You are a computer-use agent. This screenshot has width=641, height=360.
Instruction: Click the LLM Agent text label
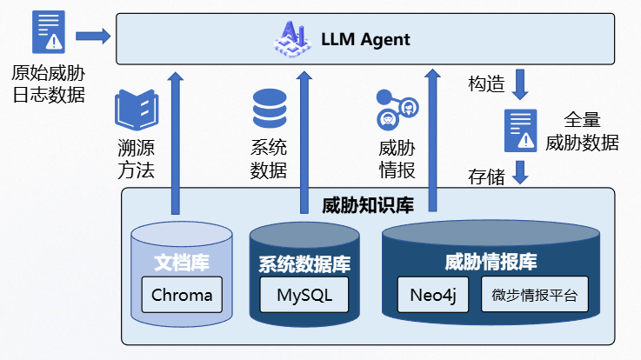click(365, 40)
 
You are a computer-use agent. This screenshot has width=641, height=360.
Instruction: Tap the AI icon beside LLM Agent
click(295, 38)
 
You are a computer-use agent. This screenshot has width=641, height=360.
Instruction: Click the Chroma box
click(182, 295)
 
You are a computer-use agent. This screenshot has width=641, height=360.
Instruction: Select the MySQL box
click(305, 295)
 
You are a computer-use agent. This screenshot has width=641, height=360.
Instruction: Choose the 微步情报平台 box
click(534, 295)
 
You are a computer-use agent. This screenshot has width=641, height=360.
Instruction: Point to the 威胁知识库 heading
click(368, 206)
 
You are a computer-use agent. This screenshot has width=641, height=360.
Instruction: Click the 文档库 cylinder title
click(181, 260)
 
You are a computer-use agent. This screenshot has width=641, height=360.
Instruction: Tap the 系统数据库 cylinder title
click(304, 263)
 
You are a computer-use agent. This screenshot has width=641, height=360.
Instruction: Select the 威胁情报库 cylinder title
click(491, 261)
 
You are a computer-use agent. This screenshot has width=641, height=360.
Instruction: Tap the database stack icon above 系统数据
click(268, 108)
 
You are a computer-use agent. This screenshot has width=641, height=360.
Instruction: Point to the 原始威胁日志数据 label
click(49, 83)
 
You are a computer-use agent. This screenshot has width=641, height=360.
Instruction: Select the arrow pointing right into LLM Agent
click(93, 36)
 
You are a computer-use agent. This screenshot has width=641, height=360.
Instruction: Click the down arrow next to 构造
click(521, 83)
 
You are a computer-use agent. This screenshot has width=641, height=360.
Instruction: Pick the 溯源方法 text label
click(136, 158)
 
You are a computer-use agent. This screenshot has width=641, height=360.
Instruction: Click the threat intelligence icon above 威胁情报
click(397, 108)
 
